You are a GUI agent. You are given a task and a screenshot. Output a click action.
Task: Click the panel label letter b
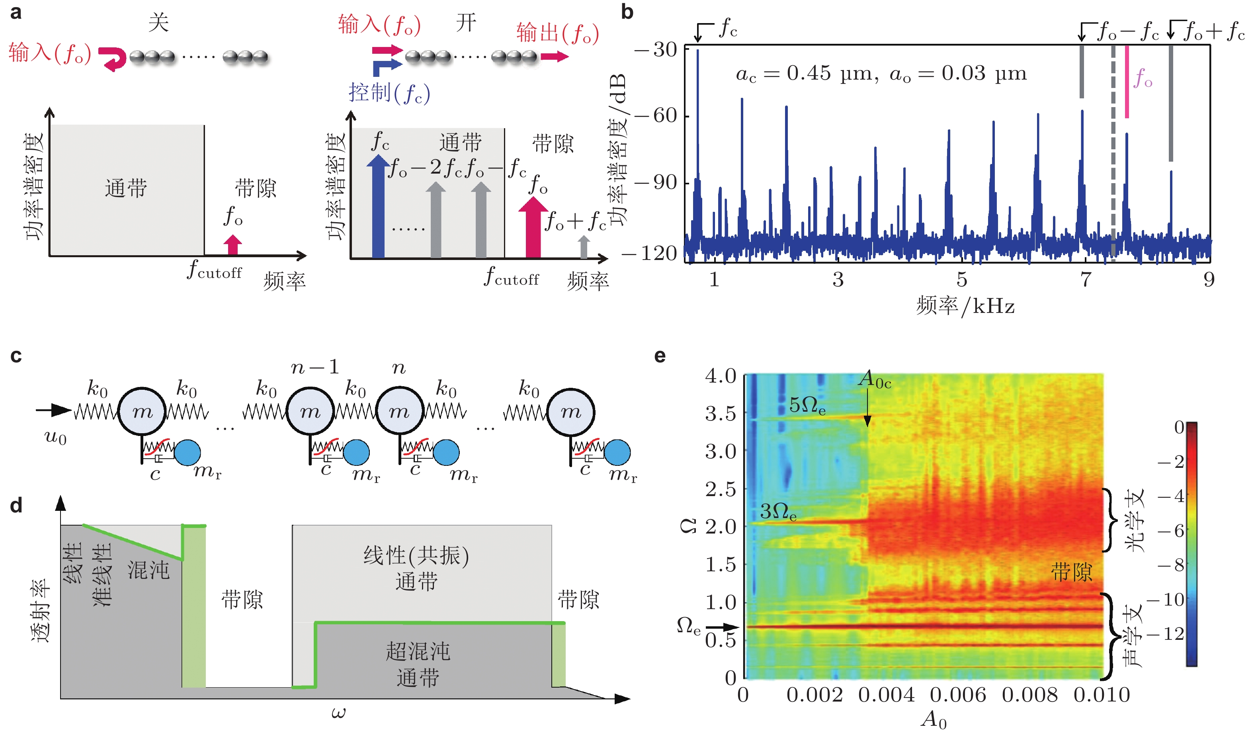(627, 12)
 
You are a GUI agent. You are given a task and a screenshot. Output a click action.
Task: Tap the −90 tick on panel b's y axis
(656, 183)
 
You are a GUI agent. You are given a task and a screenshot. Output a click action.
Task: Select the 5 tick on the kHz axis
(962, 280)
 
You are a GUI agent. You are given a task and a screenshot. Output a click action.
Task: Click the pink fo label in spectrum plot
(1143, 78)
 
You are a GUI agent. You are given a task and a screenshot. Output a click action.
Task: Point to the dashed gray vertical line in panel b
(1113, 149)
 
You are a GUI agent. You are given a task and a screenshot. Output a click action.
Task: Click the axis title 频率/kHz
(965, 305)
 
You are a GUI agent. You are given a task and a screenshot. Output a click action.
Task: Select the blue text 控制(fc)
(389, 93)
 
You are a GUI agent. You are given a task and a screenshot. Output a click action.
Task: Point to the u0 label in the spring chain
(55, 437)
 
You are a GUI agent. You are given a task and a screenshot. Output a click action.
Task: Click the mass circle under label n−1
(311, 411)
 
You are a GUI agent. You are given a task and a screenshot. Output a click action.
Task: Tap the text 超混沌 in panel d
(418, 651)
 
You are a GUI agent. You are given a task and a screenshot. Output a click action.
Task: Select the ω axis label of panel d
(338, 713)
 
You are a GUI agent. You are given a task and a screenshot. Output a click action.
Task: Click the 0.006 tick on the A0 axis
(958, 695)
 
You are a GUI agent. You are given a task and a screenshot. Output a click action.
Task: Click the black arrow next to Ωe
(721, 627)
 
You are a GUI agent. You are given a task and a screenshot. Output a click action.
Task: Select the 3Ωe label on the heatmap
(778, 512)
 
